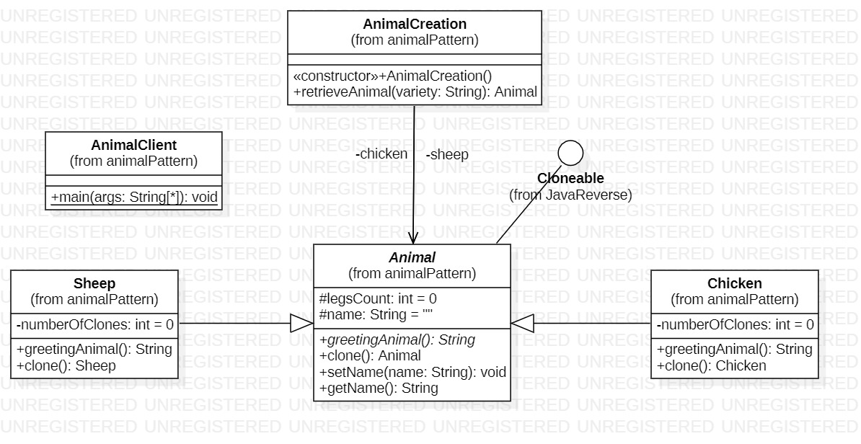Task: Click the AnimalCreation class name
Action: click(415, 25)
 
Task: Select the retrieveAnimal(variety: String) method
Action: click(415, 92)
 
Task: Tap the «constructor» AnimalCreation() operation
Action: click(393, 76)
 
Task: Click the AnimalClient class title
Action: click(133, 146)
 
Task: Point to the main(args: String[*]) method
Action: click(133, 197)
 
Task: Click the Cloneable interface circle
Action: click(570, 152)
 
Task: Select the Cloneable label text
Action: click(570, 179)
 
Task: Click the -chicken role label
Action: click(381, 154)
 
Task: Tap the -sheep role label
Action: click(447, 154)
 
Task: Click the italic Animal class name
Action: click(412, 258)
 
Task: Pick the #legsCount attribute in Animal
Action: click(378, 298)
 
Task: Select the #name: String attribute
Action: click(375, 314)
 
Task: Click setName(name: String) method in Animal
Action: click(412, 373)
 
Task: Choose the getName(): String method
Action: click(379, 388)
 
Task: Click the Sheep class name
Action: click(94, 284)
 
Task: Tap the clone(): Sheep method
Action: click(66, 365)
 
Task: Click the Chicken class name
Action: click(734, 284)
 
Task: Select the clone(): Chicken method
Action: click(711, 365)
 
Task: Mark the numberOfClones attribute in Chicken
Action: click(735, 325)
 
